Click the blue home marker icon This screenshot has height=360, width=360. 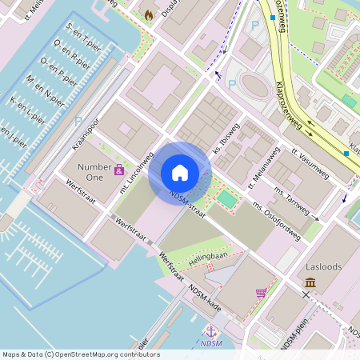click(x=180, y=173)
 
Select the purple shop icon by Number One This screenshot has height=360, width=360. click(x=119, y=170)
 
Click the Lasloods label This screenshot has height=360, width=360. click(x=325, y=266)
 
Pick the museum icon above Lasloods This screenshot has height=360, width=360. click(x=310, y=282)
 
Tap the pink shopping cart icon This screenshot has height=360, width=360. click(x=261, y=293)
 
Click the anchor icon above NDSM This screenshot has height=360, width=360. click(x=211, y=330)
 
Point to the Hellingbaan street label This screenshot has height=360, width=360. click(x=208, y=258)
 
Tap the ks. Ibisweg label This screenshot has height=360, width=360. click(x=226, y=139)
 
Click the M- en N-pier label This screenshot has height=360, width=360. click(x=46, y=91)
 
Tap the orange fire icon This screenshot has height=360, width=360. click(x=149, y=14)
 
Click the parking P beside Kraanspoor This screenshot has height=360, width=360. click(x=78, y=121)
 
